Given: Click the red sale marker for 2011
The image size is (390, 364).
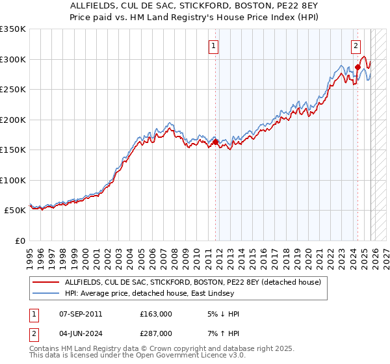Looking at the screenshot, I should click(x=216, y=142).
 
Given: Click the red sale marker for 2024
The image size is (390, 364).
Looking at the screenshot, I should click(x=358, y=67).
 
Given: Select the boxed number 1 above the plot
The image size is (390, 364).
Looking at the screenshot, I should click(x=214, y=45).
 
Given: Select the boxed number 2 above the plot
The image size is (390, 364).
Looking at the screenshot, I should click(x=356, y=45).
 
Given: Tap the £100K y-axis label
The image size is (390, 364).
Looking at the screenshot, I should click(x=13, y=180).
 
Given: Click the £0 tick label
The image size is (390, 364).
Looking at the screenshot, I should click(x=19, y=240).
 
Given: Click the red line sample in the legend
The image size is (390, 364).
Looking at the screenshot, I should click(x=45, y=283).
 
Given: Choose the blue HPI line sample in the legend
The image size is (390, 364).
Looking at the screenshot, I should click(x=45, y=294).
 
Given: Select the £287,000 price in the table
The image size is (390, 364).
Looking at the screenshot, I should click(x=156, y=335).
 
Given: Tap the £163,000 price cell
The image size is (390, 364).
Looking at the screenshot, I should click(x=156, y=314).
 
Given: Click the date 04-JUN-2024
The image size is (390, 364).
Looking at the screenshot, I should click(x=79, y=335).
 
